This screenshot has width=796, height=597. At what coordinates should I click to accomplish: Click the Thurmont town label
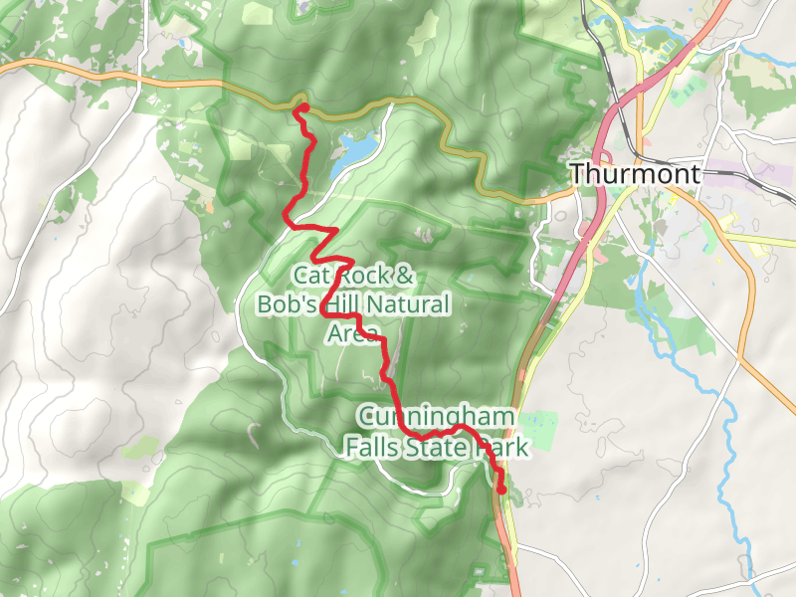(635, 174)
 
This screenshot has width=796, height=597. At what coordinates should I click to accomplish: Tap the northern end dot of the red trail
(303, 107)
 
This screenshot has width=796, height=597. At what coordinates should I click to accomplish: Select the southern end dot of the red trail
(501, 490)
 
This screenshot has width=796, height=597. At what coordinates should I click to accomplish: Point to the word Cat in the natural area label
(308, 276)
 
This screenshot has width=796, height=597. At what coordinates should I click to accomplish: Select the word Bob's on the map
(289, 304)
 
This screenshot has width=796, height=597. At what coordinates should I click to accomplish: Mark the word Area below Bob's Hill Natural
(354, 333)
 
